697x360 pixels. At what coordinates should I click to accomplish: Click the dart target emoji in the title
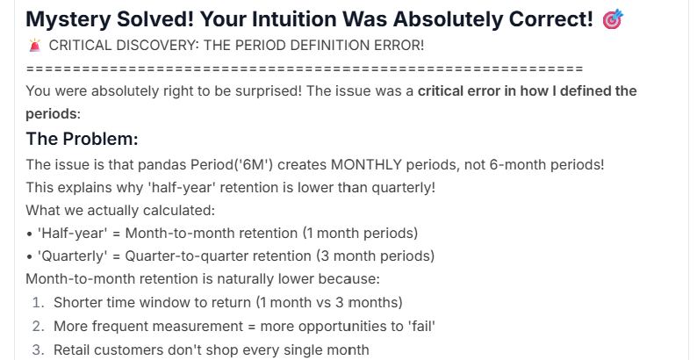[x=613, y=19]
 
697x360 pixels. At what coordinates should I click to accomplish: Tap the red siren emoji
[x=34, y=45]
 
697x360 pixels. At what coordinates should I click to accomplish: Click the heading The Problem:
[x=83, y=139]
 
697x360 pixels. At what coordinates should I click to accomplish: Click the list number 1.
[x=39, y=303]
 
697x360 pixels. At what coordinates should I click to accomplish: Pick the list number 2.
[x=39, y=327]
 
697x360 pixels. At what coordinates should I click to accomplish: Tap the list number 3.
[x=39, y=349]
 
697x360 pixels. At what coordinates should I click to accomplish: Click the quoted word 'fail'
[x=421, y=326]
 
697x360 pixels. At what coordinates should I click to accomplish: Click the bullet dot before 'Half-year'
[x=29, y=234]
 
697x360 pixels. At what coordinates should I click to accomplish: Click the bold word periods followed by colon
[x=53, y=114]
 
